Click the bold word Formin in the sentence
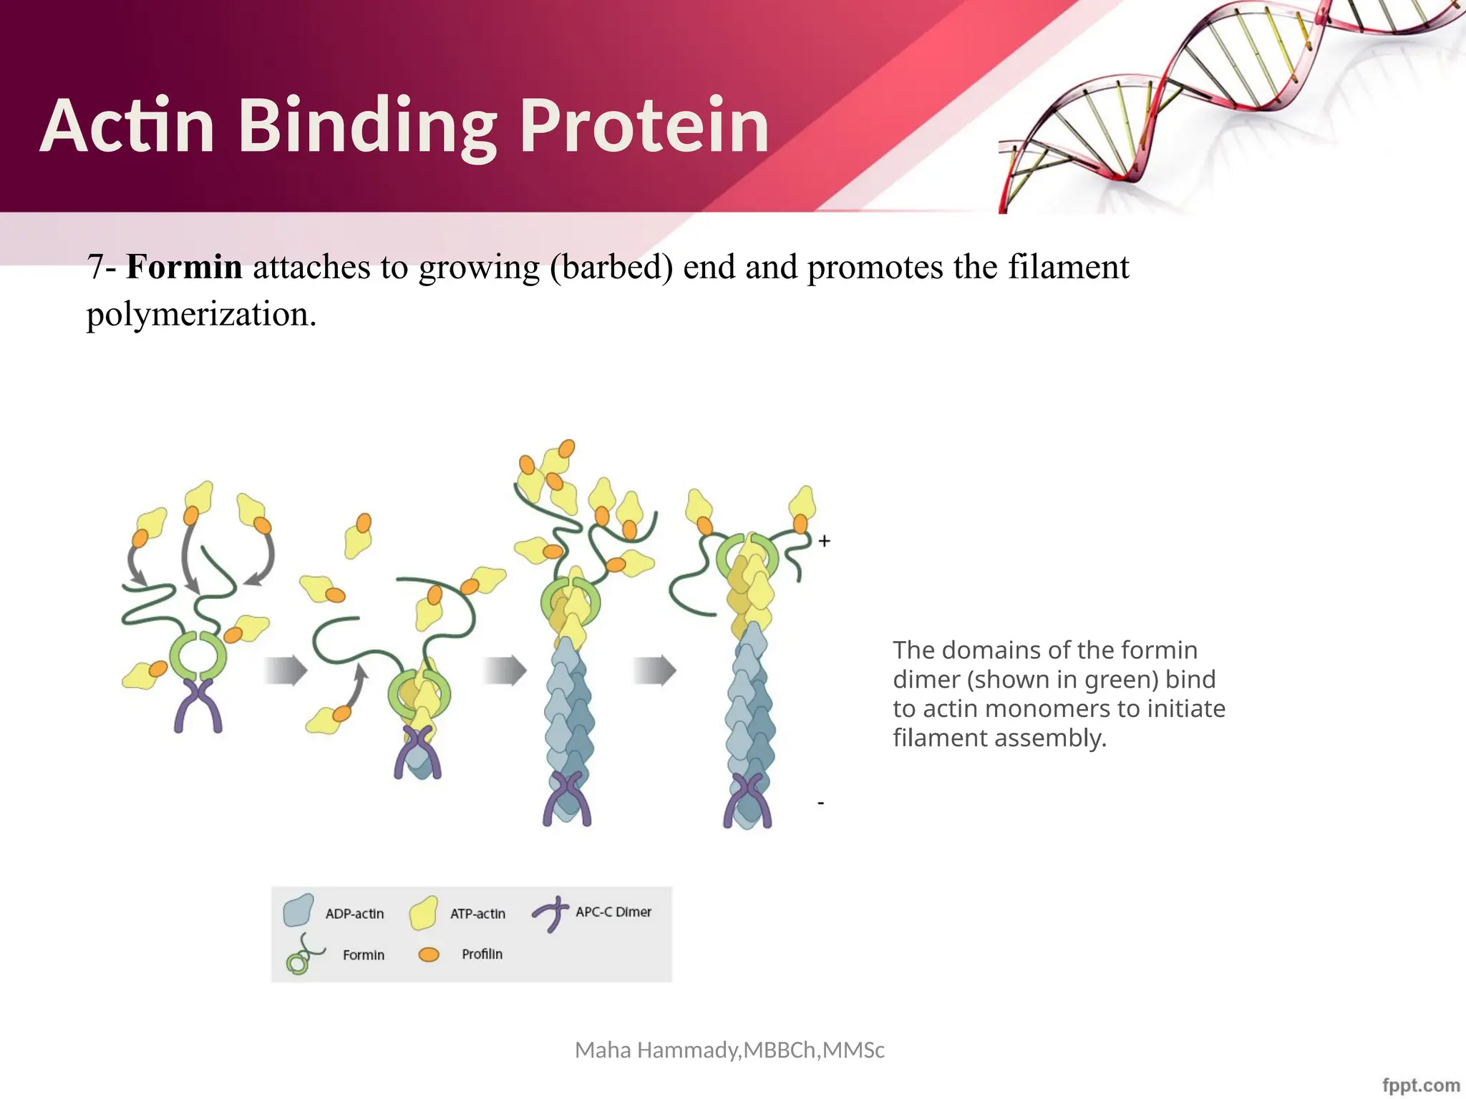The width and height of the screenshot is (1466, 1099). pos(184,268)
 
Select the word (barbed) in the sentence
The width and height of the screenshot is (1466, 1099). pos(611,268)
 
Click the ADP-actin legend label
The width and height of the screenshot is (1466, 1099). pos(354,914)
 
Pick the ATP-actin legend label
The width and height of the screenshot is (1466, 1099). pos(477,914)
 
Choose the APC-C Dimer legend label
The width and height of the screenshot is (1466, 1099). pos(613,912)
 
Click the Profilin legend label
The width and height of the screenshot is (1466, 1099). pos(482,954)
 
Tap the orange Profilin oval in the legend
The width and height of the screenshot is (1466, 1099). pos(429,954)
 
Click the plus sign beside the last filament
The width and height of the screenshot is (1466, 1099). pos(825,542)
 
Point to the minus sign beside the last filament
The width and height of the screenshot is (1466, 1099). pos(821,804)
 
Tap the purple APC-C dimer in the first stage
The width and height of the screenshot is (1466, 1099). pos(198,705)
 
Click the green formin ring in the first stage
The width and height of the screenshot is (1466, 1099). pos(198,655)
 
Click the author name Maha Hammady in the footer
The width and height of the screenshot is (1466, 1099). pos(658,1050)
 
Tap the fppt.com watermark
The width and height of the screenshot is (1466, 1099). pos(1421,1085)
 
